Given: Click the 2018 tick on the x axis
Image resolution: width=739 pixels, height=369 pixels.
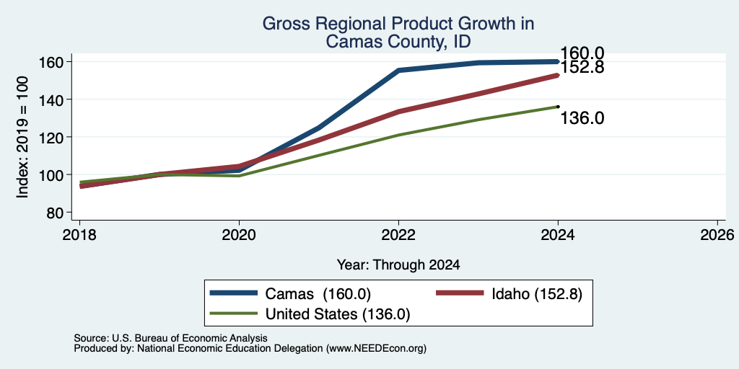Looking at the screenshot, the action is point(80,235).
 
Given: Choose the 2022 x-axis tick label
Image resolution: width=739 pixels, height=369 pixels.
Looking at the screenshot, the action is point(398,235).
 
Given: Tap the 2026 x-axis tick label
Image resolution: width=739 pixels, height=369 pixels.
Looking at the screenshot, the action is point(717,235).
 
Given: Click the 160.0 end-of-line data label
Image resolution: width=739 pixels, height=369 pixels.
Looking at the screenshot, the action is point(582,53).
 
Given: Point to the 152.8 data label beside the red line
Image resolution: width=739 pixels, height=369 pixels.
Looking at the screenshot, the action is point(582,68).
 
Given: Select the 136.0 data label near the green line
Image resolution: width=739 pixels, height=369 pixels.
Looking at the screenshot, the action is point(582,118).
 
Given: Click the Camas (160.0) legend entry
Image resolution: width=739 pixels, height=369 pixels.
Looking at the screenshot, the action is point(291,294).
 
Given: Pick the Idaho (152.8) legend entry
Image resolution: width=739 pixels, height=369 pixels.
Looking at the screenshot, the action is point(509,294).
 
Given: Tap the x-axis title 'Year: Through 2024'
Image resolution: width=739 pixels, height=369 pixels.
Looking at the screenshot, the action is point(398,265).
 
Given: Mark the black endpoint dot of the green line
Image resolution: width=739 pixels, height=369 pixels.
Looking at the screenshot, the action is point(558,107).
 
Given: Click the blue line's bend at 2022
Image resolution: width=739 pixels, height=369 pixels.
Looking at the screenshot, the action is point(398,70).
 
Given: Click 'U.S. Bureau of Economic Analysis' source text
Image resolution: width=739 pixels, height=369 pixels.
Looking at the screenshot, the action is point(190,338).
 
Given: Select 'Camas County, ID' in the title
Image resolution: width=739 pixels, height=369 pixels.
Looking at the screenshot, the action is point(398,42).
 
